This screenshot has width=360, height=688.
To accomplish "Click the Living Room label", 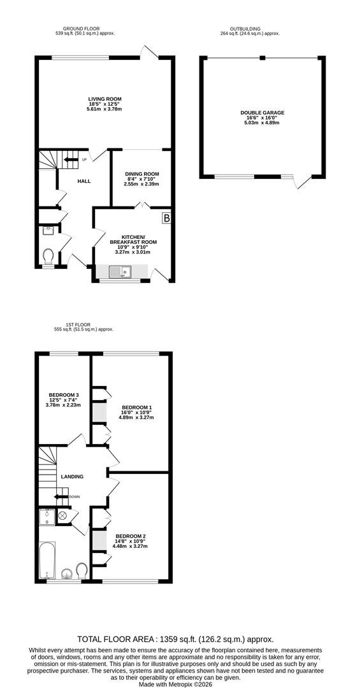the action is (x=104, y=99).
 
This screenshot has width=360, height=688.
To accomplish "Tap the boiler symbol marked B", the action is (x=168, y=218).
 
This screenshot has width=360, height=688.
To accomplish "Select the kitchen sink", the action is (x=120, y=272).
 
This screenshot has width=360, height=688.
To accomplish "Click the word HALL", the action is (x=84, y=181).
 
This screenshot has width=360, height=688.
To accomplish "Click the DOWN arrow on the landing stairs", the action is (x=61, y=497).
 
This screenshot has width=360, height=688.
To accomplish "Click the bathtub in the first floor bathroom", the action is (x=47, y=559).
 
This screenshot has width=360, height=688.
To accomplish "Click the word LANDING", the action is (x=72, y=476).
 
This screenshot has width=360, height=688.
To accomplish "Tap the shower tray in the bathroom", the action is (x=47, y=517).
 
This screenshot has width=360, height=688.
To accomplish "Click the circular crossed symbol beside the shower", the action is (x=62, y=516).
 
